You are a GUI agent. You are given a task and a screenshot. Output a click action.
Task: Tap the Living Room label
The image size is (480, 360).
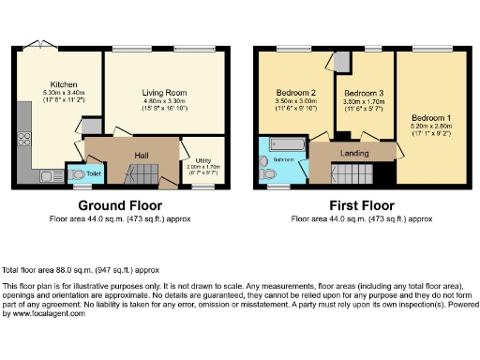[165, 93]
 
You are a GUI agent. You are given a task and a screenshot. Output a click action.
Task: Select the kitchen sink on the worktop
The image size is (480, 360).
[49, 174]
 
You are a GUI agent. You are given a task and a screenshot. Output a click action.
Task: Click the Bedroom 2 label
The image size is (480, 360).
[295, 92]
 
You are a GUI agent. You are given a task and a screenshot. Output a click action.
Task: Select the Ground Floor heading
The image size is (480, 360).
[119, 205]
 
